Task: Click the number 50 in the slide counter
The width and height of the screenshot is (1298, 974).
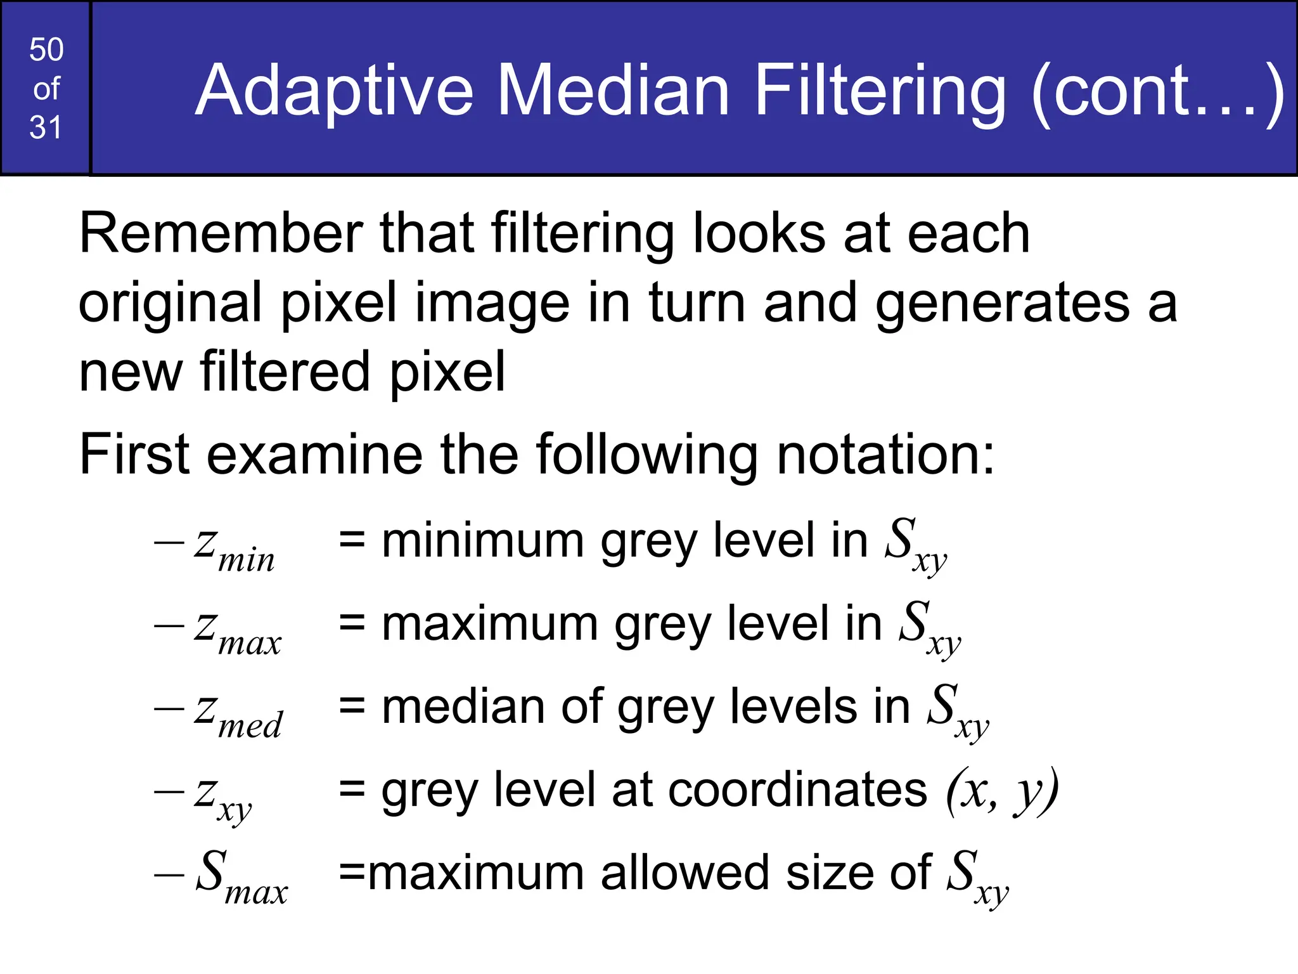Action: click(x=46, y=49)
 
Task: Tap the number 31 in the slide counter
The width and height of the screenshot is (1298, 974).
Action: click(x=46, y=127)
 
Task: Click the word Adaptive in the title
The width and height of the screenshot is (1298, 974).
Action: click(x=334, y=91)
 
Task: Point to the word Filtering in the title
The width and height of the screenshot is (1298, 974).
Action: click(x=880, y=91)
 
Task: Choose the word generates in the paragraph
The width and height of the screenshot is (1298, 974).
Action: click(x=1002, y=303)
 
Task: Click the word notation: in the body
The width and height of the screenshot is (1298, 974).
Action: click(x=885, y=454)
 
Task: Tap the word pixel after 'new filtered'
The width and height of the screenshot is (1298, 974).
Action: click(x=447, y=372)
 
